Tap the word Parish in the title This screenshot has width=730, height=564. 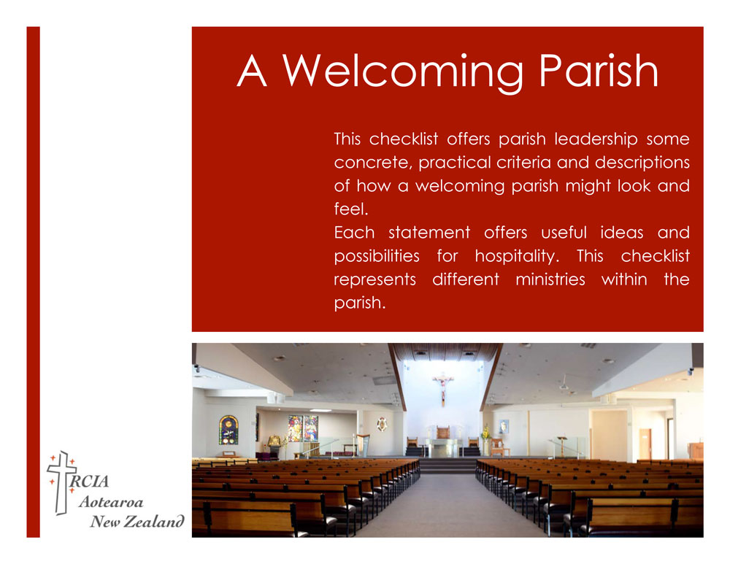596,72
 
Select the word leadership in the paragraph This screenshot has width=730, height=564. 596,139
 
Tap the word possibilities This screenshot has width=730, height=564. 376,256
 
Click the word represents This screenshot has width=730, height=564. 374,279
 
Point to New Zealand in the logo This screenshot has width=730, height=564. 136,521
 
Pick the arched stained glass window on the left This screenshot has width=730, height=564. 228,429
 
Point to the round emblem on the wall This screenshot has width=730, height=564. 382,424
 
